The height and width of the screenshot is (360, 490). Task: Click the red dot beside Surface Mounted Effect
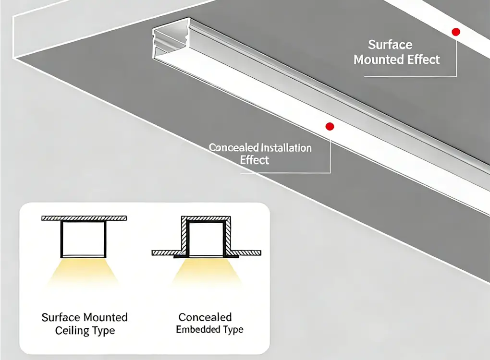pos(456,32)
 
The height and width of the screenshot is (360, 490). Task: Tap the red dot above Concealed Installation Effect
pos(330,127)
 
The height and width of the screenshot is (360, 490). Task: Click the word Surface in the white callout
pos(390,45)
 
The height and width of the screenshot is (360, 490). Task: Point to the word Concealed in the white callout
pos(233,148)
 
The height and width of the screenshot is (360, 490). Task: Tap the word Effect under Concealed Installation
pos(255,160)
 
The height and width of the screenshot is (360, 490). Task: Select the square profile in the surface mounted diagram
pos(84,239)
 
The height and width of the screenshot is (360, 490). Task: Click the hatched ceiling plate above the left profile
pos(84,218)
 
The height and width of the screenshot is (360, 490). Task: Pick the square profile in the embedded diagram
pos(206,239)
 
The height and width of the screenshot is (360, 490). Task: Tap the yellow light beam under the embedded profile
pos(207,274)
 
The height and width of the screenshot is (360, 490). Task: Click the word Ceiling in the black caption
pos(73,331)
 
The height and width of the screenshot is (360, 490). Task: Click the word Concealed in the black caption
pos(205,317)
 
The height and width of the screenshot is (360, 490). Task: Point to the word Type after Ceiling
pos(104,331)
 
